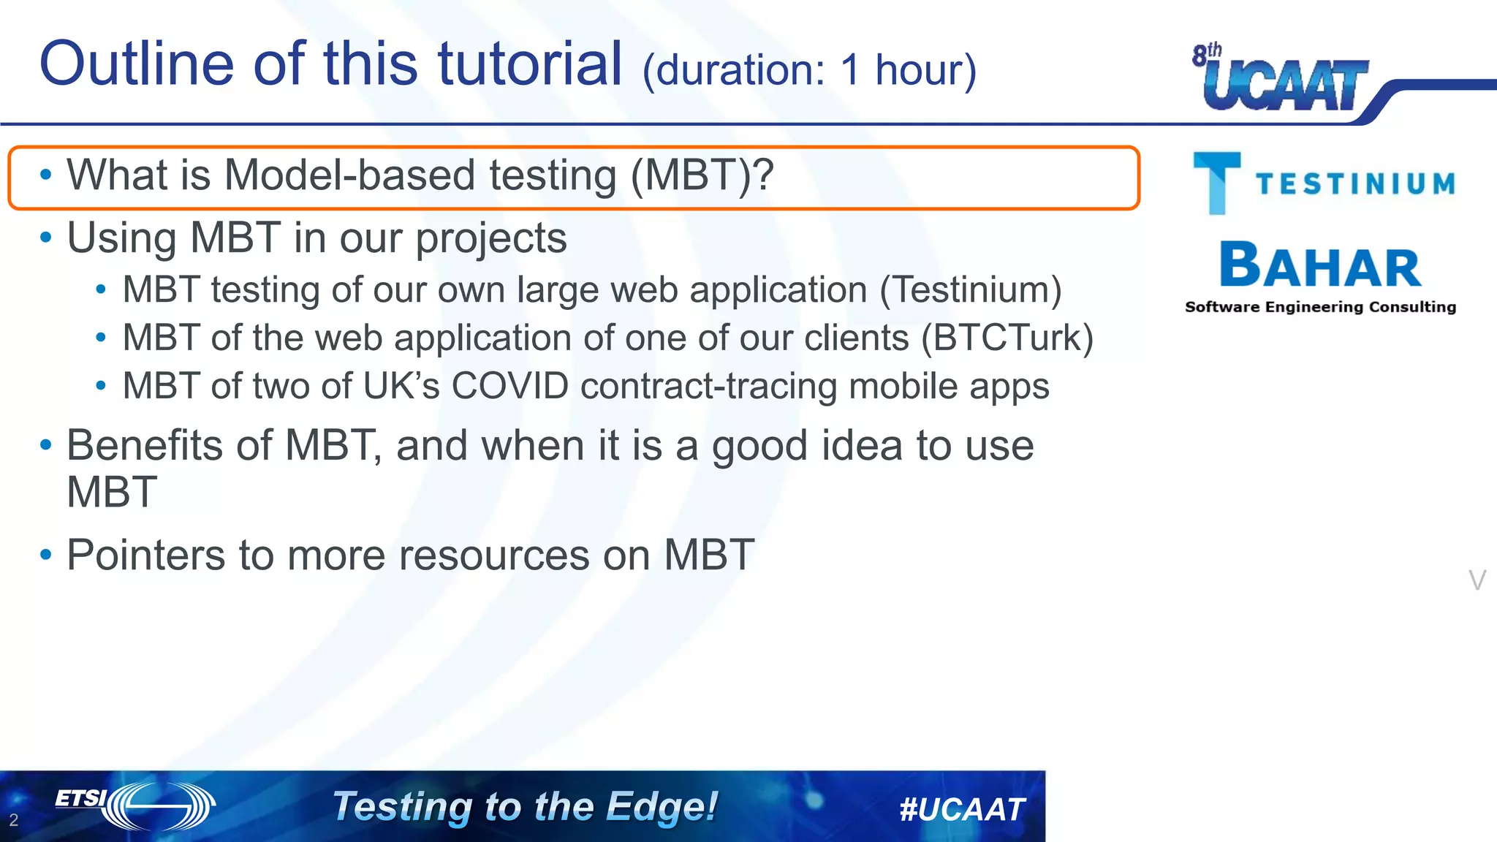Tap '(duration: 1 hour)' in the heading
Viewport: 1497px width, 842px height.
pos(808,70)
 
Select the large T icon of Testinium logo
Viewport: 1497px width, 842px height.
pos(1216,182)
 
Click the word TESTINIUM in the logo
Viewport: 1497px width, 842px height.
pos(1356,184)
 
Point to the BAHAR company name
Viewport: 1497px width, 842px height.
pos(1320,266)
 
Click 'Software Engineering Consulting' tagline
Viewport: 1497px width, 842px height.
pos(1320,307)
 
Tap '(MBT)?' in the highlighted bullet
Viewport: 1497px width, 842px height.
pos(702,175)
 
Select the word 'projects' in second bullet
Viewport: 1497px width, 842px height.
pos(490,239)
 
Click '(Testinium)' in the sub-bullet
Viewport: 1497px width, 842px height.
pos(971,289)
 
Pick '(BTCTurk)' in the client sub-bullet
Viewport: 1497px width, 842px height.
pos(1007,338)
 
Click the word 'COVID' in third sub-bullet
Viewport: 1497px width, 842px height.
pos(509,386)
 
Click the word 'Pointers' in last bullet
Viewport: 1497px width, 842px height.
pos(146,555)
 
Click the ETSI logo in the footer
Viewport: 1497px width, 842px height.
pos(135,805)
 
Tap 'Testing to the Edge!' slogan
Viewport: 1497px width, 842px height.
pos(525,807)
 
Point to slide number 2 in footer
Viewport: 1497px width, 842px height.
pos(13,820)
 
